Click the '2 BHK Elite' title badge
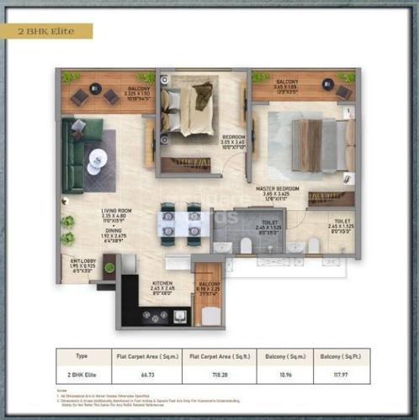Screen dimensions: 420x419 tap(46, 31)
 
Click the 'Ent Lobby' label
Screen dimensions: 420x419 tap(82, 261)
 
